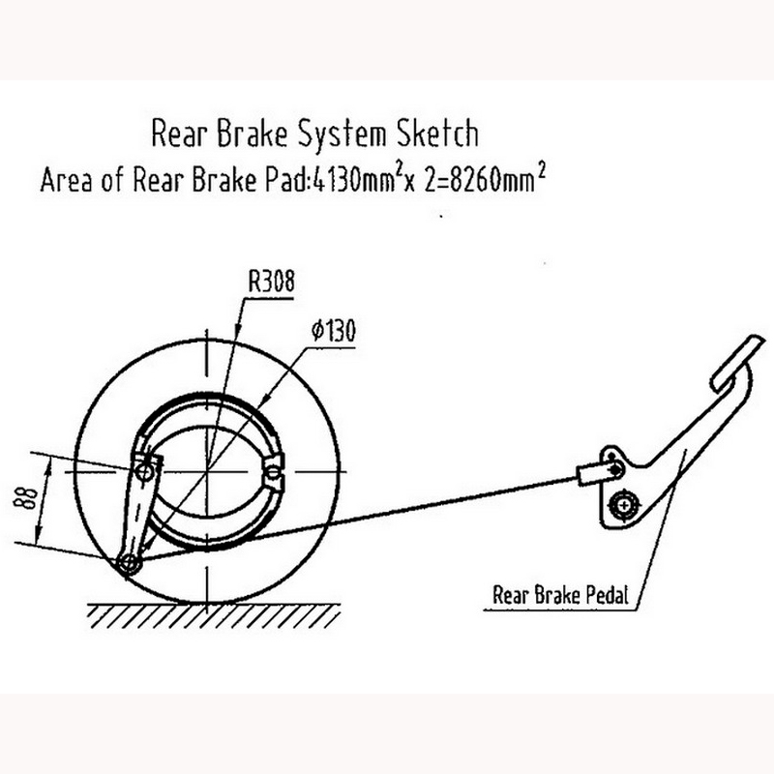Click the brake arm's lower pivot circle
coord(127,563)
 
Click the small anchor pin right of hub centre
coord(274,472)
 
